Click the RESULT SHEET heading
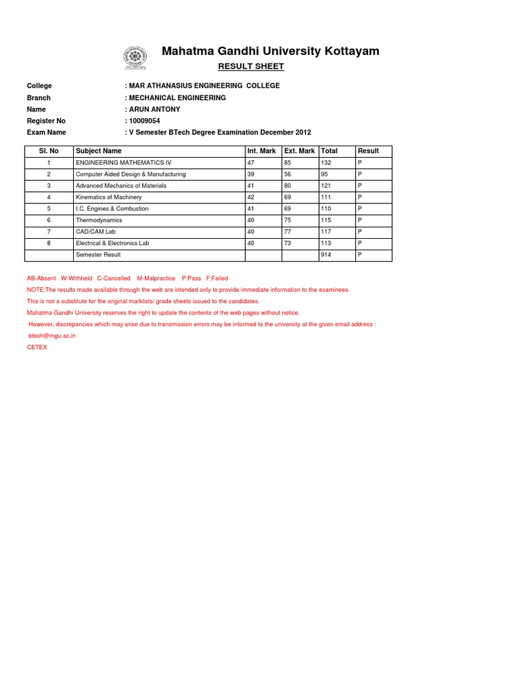(x=251, y=66)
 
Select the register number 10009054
(x=144, y=121)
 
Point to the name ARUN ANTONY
(x=155, y=109)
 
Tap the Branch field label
(x=38, y=98)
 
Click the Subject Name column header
(x=99, y=151)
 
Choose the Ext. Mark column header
(x=299, y=151)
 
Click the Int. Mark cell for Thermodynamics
(x=251, y=220)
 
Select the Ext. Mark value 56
(x=288, y=174)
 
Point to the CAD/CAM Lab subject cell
(x=96, y=231)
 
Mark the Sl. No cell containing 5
(x=48, y=209)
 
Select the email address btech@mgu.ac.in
(x=52, y=335)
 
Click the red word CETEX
(x=37, y=348)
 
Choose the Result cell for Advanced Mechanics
(x=360, y=186)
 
